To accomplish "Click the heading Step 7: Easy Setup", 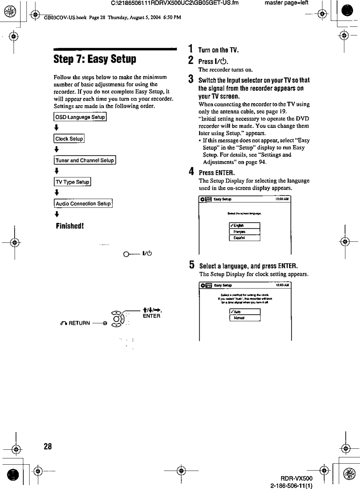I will (95, 59).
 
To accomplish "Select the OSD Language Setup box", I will (80, 117).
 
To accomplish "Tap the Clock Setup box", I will (69, 139).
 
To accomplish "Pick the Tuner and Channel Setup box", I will (85, 160).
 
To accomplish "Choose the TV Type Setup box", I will (72, 182).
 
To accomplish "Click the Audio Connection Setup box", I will (83, 204).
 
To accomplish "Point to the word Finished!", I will (70, 226).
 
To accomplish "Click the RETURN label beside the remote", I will (79, 323).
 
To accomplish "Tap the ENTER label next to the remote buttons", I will (151, 316).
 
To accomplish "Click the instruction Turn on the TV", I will (218, 50).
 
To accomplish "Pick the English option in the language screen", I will (244, 226).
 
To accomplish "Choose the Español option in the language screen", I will (244, 238).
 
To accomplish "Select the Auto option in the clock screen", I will (245, 312).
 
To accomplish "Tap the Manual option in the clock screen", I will (245, 318).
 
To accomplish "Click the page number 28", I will (48, 446).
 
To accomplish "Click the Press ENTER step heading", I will (217, 173).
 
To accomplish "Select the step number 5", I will (191, 265).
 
